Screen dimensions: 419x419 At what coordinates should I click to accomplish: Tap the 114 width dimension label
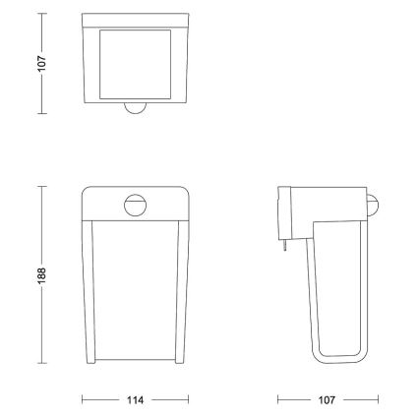tap(135, 401)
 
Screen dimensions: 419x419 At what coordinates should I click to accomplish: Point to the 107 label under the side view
tap(328, 401)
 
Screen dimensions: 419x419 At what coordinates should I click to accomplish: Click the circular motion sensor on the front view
tap(134, 205)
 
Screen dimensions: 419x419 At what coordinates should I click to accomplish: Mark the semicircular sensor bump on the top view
tap(134, 109)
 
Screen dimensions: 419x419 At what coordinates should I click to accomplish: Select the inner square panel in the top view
tap(134, 62)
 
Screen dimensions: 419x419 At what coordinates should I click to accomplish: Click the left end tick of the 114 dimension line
tap(82, 401)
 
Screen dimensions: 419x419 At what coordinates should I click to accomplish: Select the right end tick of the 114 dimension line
tap(187, 401)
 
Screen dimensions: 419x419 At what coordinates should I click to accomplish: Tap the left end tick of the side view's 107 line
tap(279, 401)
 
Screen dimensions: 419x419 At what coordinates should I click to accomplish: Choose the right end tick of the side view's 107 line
tap(378, 401)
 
